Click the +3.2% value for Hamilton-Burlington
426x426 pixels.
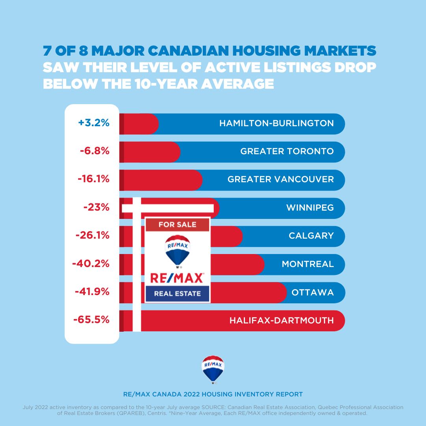[x=93, y=123]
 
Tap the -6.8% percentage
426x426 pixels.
[x=94, y=151]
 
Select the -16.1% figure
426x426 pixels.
[x=93, y=179]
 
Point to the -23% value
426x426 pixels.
[x=96, y=207]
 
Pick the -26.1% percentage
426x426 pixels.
[x=92, y=235]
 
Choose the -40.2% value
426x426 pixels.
[x=91, y=263]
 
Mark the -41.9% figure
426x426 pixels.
[x=92, y=292]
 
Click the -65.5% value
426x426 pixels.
[x=91, y=320]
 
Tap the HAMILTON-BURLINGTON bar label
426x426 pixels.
[x=277, y=123]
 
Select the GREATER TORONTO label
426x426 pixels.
[x=287, y=151]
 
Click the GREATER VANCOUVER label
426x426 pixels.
[x=280, y=179]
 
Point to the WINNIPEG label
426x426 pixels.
[x=310, y=207]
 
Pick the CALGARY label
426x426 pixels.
[x=311, y=235]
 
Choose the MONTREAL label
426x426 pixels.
[x=308, y=263]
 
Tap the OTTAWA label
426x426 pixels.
[x=312, y=292]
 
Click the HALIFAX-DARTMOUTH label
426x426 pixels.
[x=282, y=320]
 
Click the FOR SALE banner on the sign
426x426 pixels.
[x=177, y=224]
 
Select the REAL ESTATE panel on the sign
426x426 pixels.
[x=177, y=293]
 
